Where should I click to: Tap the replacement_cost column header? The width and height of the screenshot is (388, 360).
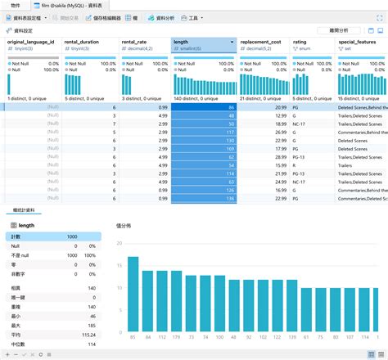pos(263,41)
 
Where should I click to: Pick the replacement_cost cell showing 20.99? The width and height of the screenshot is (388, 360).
pos(263,107)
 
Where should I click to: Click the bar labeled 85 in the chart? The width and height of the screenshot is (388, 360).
pos(132,295)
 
